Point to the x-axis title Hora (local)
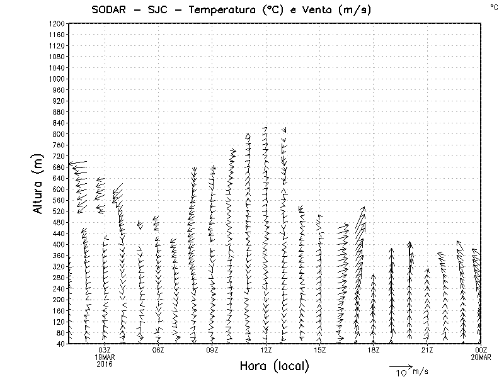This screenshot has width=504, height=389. pos(275,366)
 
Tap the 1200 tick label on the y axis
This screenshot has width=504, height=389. pos(55,24)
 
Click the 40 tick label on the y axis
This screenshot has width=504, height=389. pos(59,344)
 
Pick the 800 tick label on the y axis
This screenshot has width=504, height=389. pos(57,134)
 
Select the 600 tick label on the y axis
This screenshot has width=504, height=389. pos(57,189)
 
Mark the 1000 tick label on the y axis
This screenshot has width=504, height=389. pos(55,79)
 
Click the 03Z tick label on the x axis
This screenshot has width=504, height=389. pos(105,350)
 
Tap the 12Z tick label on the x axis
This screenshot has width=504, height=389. pos(266,350)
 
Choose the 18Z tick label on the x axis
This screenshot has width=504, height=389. pos(374,350)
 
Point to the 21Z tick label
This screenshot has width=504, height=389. pos(427,350)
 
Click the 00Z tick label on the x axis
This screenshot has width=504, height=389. pos(481,350)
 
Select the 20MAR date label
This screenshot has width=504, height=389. pos(481,357)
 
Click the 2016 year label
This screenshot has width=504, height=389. pos(105,363)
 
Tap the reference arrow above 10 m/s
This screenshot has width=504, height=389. pos(400,366)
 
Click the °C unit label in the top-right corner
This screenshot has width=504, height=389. pos(493,6)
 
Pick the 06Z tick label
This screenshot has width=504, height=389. pos(158,350)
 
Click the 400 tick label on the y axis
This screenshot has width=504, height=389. pos(57,244)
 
